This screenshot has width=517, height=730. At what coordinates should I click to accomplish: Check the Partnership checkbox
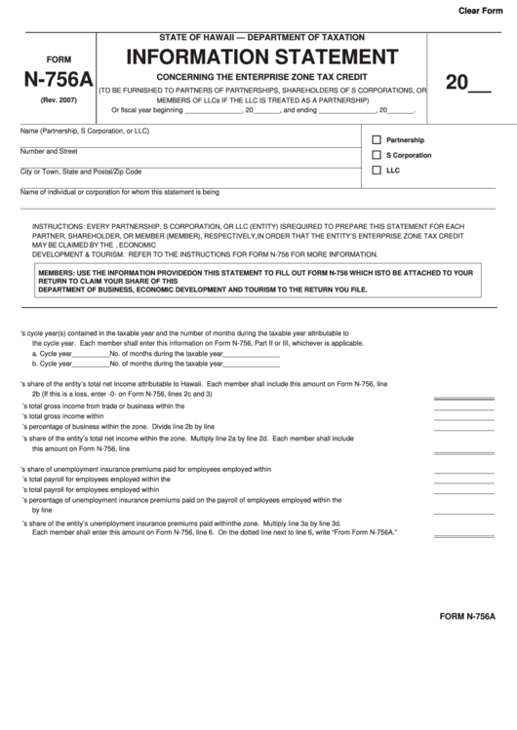coord(377,139)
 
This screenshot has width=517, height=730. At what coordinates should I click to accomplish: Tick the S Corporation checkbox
coord(377,155)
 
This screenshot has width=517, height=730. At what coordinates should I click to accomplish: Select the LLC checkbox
coord(377,170)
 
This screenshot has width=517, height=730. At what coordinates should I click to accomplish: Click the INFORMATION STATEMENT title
coord(262,56)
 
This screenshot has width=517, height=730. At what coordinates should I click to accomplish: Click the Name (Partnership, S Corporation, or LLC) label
coord(84,131)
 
